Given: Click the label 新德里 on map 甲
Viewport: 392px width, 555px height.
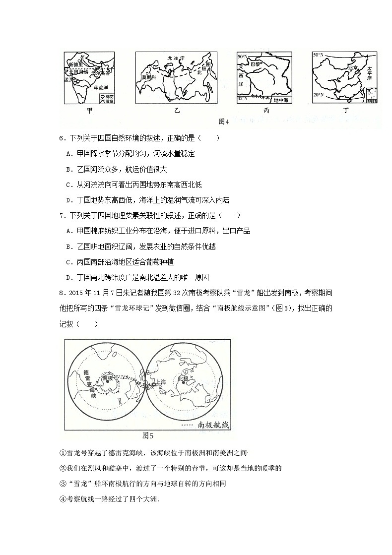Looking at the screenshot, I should coord(76,64).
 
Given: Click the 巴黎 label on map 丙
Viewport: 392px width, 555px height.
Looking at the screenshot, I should coord(255,64).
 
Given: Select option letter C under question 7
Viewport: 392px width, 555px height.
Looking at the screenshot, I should coord(68,262).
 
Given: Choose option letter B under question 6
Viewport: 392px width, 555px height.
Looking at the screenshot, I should coord(68,169).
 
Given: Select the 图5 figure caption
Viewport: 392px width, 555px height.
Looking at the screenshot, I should coord(148,435).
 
